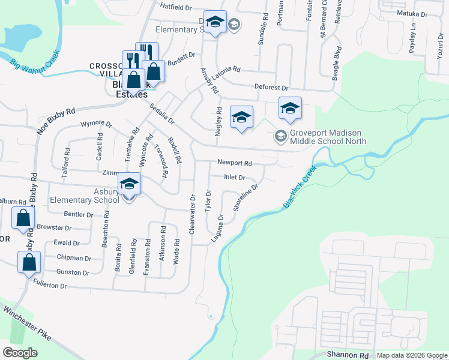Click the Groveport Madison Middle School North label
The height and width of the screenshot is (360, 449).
(x=328, y=137)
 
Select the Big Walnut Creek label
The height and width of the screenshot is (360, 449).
(x=35, y=62)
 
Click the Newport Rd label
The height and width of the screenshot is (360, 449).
(x=234, y=163)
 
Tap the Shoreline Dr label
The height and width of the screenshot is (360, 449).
(x=246, y=197)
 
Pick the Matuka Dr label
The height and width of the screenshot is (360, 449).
(x=412, y=14)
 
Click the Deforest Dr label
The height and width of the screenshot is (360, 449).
(x=271, y=87)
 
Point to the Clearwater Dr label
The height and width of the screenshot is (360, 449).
(x=193, y=214)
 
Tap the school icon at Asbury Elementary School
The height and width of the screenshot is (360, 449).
(x=129, y=184)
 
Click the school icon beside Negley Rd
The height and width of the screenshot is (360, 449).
(x=241, y=117)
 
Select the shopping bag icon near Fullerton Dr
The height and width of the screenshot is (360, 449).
(x=29, y=263)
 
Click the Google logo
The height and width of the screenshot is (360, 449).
(x=20, y=352)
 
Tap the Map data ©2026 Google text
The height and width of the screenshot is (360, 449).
(x=411, y=355)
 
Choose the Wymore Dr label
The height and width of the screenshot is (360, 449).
(x=96, y=125)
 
